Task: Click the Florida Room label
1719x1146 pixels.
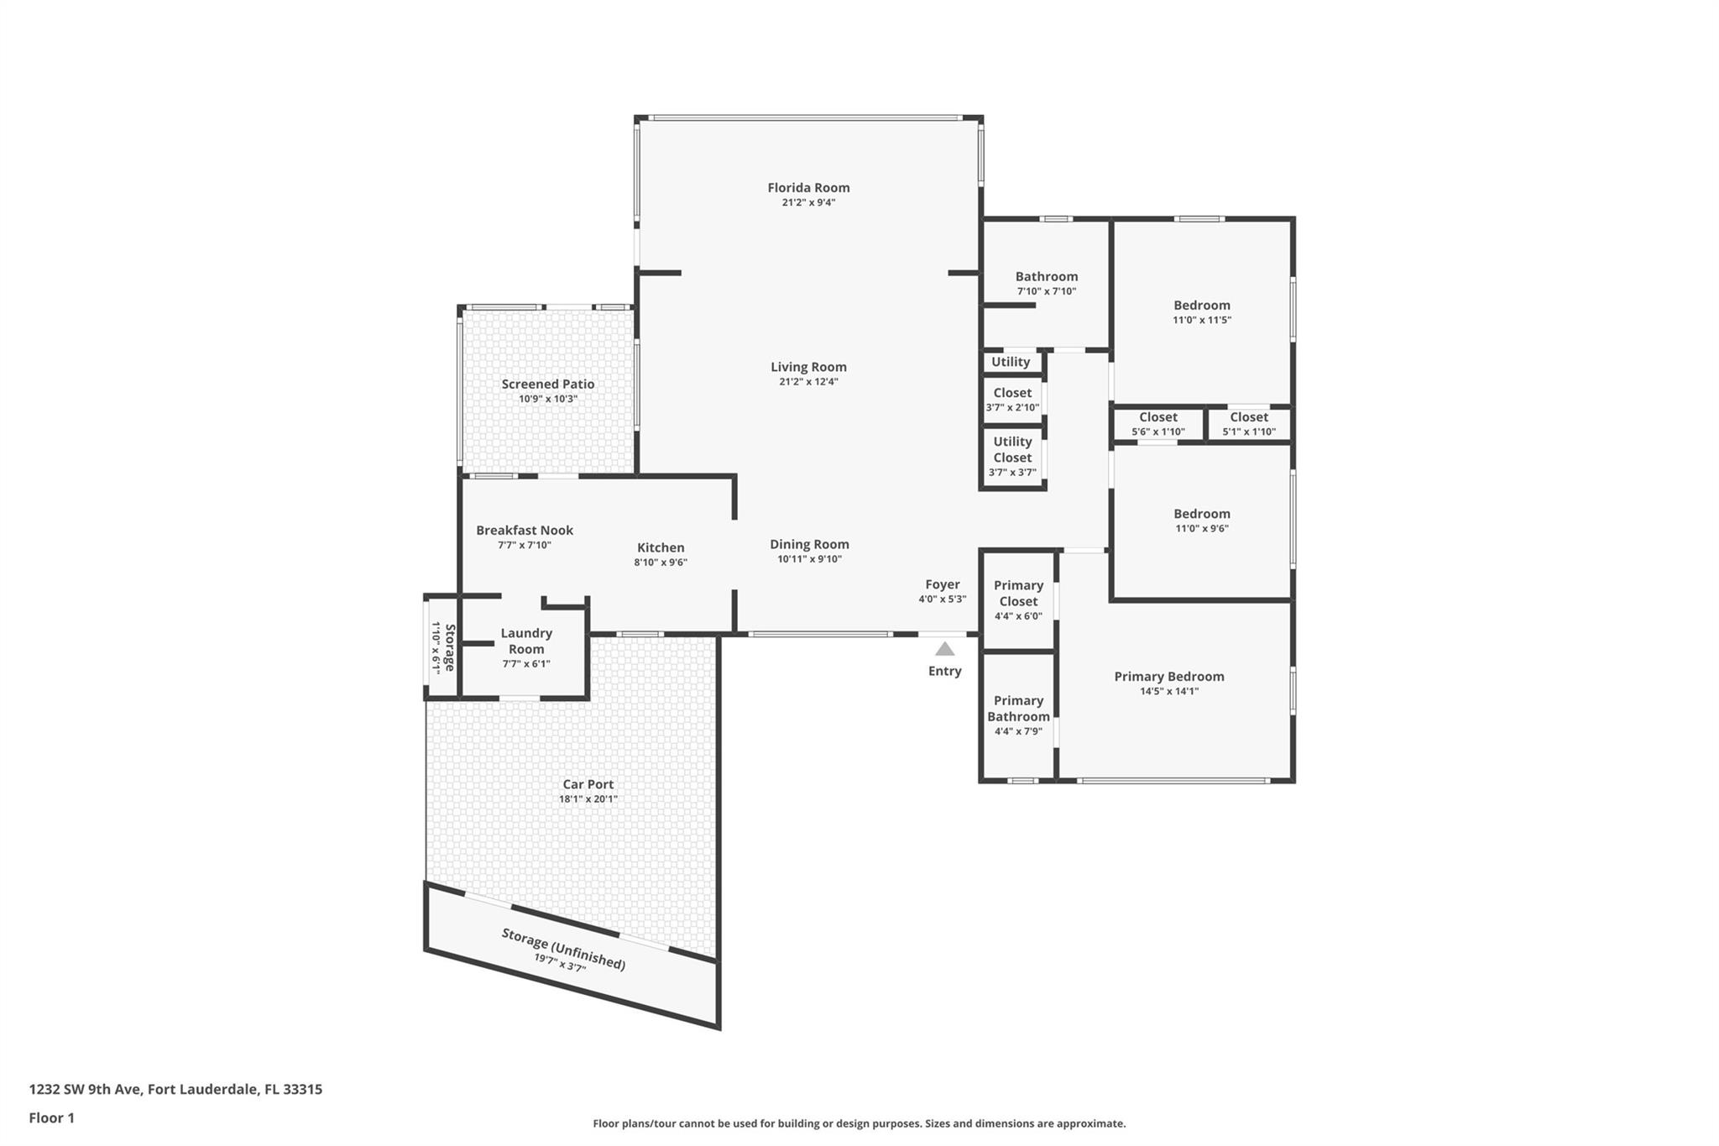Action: tap(808, 188)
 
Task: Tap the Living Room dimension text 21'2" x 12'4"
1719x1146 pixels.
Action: tap(808, 382)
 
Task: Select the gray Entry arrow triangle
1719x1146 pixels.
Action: tap(945, 649)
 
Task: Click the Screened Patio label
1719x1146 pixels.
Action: tap(548, 385)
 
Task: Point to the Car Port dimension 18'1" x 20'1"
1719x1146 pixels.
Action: tap(588, 799)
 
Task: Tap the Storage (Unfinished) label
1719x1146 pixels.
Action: tap(564, 949)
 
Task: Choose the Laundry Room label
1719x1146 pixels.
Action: tap(526, 641)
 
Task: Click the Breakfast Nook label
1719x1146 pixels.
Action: tap(525, 531)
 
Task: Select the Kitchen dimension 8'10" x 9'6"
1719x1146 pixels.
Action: tap(661, 563)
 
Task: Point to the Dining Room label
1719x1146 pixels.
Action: tap(809, 545)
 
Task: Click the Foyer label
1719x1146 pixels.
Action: tap(943, 584)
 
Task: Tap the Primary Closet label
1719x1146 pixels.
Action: tap(1018, 594)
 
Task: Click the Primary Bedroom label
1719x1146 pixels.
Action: tap(1169, 677)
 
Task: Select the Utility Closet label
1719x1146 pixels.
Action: tap(1012, 450)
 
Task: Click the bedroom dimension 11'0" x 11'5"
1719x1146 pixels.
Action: tap(1202, 320)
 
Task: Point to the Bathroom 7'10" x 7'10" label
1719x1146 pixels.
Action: tap(1047, 284)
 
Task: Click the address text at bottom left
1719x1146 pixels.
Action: tap(175, 1090)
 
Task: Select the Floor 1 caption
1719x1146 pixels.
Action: tap(51, 1118)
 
